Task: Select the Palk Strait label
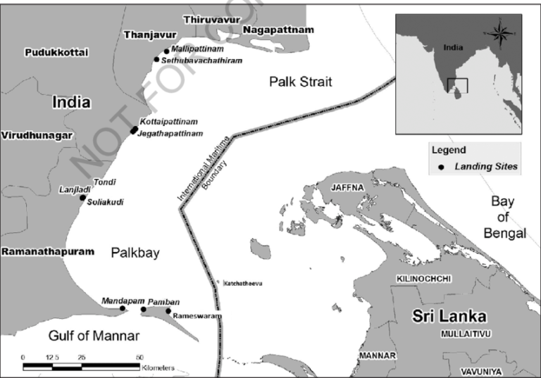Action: tap(301, 82)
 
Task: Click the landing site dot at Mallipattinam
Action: tap(166, 51)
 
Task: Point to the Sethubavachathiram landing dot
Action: tap(157, 60)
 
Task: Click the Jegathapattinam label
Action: tap(171, 133)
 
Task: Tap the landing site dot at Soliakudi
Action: tap(82, 198)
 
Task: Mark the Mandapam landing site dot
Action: tap(123, 308)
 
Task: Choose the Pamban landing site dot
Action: tap(144, 309)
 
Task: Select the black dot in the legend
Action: tap(441, 167)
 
